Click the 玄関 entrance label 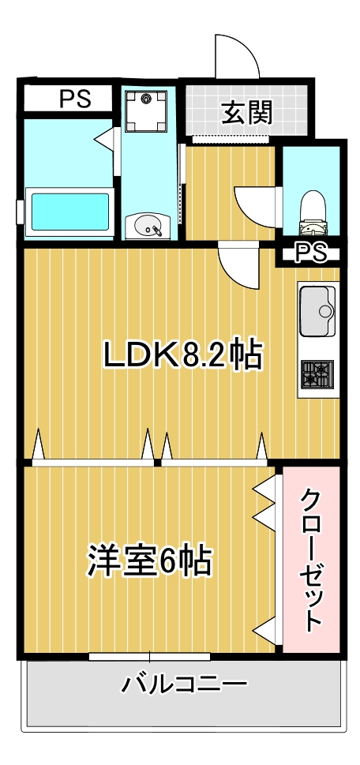pos(246,112)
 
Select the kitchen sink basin pos(317,311)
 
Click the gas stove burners pos(317,375)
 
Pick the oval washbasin pos(147,227)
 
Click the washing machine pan pos(145,112)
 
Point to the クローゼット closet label pos(312,560)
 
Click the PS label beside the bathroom pos(75,99)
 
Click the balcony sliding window pos(150,656)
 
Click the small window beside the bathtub pos(20,212)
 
